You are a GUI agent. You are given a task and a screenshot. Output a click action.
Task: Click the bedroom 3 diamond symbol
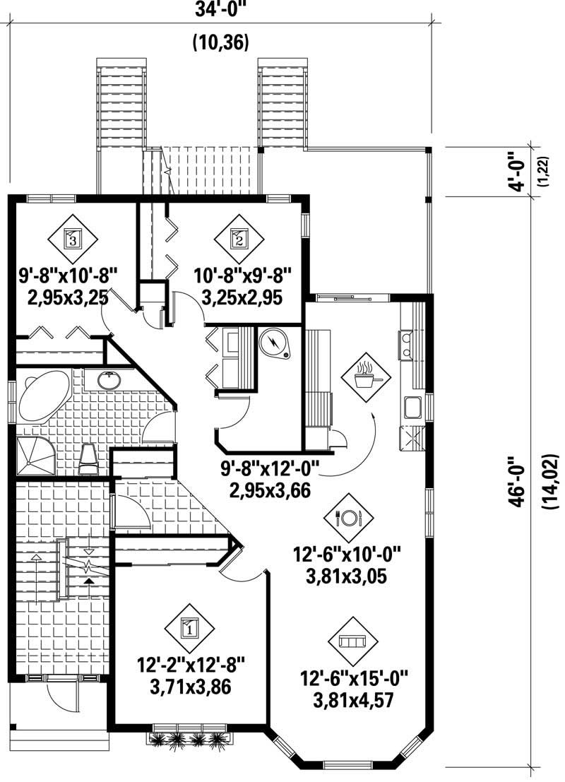(x=73, y=239)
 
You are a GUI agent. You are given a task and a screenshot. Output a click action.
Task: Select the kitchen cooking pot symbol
(x=365, y=377)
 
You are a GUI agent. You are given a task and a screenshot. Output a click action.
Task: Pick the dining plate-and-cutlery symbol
(x=349, y=517)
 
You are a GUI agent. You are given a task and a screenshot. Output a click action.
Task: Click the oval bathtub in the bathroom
(x=42, y=397)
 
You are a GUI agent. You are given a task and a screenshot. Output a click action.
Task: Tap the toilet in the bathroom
(x=90, y=458)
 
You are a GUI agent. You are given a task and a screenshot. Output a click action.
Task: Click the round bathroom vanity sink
(x=109, y=381)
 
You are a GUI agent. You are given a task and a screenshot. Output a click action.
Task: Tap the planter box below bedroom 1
(x=189, y=738)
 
